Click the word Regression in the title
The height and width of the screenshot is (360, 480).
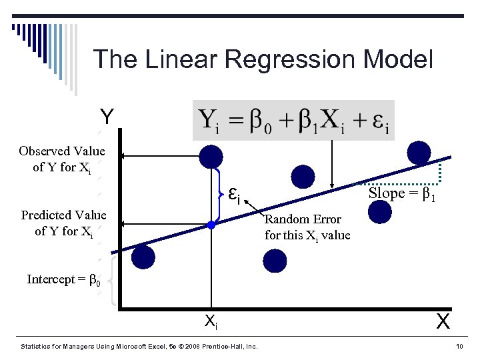[x=291, y=60]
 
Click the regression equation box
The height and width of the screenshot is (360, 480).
[x=293, y=120]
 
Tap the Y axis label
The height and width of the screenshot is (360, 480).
[x=107, y=117]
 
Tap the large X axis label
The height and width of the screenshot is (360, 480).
[x=443, y=322]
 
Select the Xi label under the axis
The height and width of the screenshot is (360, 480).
[x=210, y=323]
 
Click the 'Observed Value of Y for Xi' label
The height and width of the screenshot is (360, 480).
[x=62, y=159]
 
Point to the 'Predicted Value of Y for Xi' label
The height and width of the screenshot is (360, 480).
[x=63, y=223]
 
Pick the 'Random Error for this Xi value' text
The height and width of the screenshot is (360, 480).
[x=307, y=227]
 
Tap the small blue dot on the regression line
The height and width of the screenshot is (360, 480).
[x=211, y=225]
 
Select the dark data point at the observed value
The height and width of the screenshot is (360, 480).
[x=211, y=157]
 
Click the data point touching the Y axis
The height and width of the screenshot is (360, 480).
[x=142, y=257]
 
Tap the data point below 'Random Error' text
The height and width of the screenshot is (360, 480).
[x=273, y=261]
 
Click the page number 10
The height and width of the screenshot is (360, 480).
[x=459, y=347]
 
